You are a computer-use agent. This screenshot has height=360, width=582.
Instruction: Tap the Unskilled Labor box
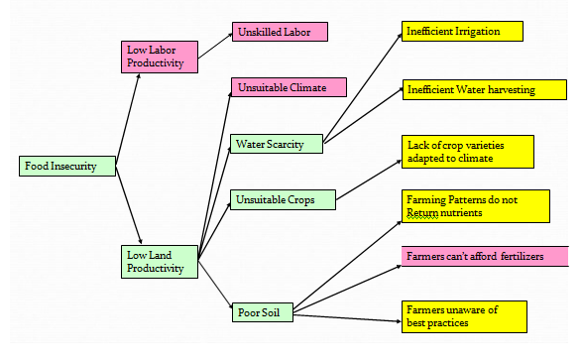(x=279, y=32)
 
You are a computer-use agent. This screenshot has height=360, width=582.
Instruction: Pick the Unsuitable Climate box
(x=289, y=87)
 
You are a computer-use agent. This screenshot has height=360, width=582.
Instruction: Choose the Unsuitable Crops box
(x=283, y=200)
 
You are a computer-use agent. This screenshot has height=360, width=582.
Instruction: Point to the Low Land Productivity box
(x=159, y=261)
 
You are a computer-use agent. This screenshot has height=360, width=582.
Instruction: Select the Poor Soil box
(x=263, y=312)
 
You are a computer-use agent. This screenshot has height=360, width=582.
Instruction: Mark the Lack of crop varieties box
(x=466, y=151)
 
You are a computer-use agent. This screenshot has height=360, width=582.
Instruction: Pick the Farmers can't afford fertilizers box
(x=475, y=257)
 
